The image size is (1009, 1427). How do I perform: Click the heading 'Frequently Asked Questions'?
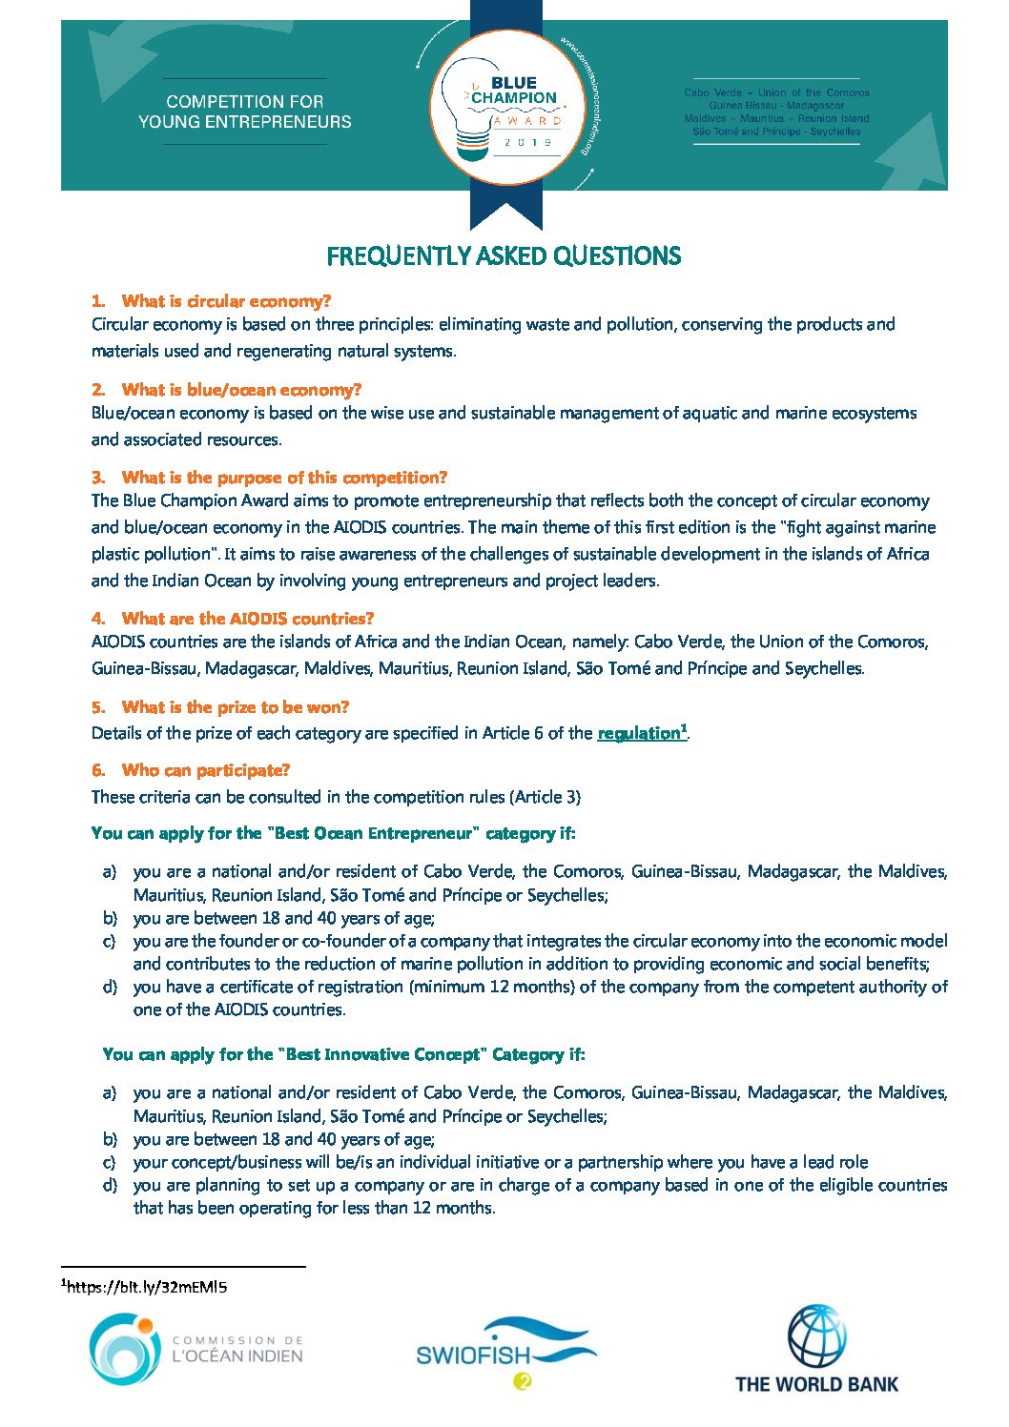[x=504, y=255]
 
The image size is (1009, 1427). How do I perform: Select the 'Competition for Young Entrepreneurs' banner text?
[x=245, y=112]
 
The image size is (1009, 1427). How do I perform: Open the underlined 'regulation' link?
[x=639, y=733]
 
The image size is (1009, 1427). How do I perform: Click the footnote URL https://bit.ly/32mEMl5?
[x=148, y=1287]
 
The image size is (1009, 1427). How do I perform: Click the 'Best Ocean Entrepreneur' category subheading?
[x=334, y=833]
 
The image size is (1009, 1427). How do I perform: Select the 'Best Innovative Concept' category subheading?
[x=343, y=1054]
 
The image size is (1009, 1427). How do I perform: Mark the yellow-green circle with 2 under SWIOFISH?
[x=522, y=1381]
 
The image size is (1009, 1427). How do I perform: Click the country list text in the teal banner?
[x=776, y=112]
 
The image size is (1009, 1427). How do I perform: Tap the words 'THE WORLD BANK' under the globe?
[x=816, y=1384]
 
